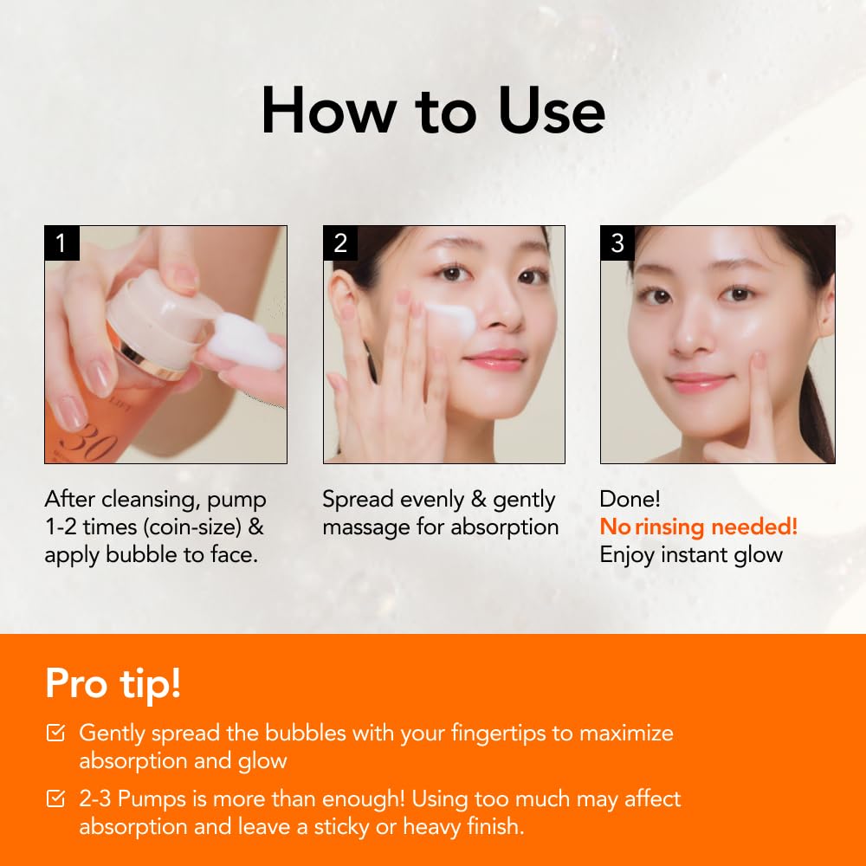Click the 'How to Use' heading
pos(433,111)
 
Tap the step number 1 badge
pos(61,243)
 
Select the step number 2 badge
pos(340,243)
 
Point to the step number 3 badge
pos(617,243)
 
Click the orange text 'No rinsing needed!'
pos(698,527)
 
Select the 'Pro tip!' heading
pos(113,682)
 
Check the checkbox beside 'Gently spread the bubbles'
pos(55,734)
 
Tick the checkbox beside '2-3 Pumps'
pos(55,799)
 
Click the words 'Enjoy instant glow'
pos(691,554)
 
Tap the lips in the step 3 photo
pos(700,382)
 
